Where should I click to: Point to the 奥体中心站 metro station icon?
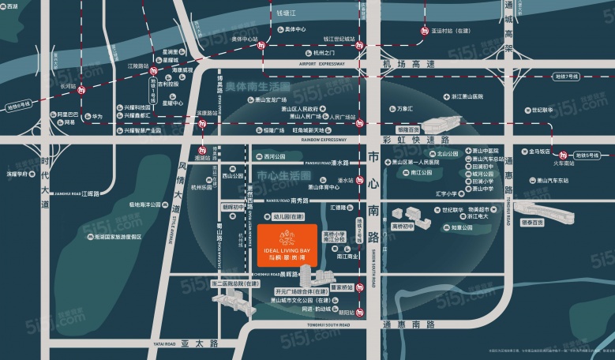(261, 46)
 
